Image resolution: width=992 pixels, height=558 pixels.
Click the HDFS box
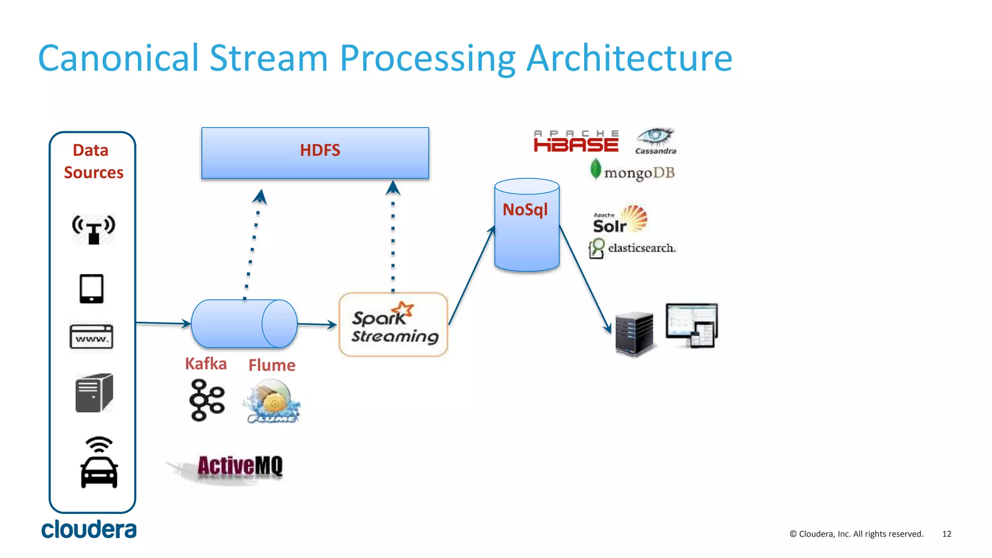tap(315, 153)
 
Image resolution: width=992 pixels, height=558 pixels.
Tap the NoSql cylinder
tap(527, 226)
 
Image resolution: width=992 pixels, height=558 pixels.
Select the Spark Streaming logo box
tap(393, 325)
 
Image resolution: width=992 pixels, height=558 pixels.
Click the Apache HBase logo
tap(576, 141)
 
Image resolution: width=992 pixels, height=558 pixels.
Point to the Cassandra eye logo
tap(655, 141)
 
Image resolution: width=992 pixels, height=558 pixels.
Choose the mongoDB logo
tap(633, 172)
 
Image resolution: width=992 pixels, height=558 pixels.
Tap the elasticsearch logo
tap(632, 248)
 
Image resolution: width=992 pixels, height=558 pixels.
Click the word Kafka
tap(206, 364)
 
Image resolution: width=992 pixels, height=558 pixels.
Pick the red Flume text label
tap(272, 365)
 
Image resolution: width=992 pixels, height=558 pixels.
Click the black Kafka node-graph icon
tap(207, 400)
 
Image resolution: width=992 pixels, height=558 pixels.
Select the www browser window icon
tap(92, 337)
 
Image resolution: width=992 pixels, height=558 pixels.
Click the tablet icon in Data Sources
tap(92, 289)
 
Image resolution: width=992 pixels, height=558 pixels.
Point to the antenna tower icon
tap(93, 229)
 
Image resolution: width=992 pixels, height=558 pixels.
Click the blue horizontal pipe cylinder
tap(244, 324)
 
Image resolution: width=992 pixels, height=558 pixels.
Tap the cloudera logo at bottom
tap(89, 529)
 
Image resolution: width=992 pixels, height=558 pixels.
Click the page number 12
tap(946, 534)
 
